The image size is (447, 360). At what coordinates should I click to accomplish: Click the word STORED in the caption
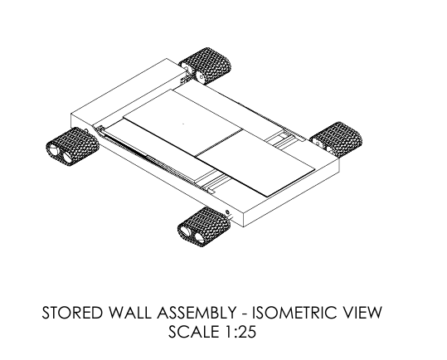tap(72, 313)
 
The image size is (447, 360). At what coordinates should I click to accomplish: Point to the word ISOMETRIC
tap(294, 313)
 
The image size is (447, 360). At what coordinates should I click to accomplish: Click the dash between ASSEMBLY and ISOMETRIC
tap(245, 314)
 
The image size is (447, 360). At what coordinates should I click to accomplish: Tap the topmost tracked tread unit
tap(206, 66)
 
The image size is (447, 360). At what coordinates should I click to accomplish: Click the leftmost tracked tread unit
tap(72, 147)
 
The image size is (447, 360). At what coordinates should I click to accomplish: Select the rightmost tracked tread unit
tap(337, 139)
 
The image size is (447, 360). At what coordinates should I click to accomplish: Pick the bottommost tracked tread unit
tap(204, 226)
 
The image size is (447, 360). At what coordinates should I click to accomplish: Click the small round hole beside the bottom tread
tap(227, 212)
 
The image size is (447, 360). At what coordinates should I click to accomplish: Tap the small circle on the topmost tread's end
tap(202, 77)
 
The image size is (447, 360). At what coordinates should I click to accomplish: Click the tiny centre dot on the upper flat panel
tap(183, 124)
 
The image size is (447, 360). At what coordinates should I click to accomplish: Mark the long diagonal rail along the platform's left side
tap(155, 160)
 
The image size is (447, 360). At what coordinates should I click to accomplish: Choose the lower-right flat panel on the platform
tap(256, 163)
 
